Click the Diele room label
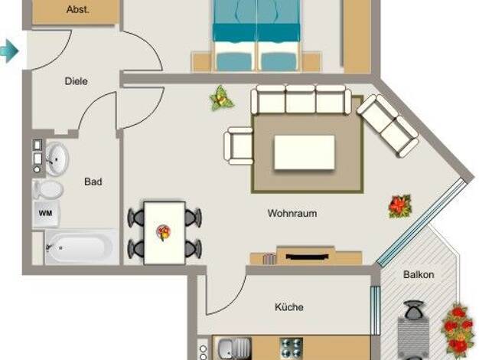[x=76, y=81]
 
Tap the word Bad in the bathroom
[x=93, y=182]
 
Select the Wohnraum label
[x=292, y=213]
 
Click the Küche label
[x=289, y=307]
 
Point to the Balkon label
[x=419, y=274]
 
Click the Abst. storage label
[x=78, y=9]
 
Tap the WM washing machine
[x=45, y=214]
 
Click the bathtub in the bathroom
[x=80, y=247]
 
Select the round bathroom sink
[x=57, y=159]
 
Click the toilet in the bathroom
[x=48, y=189]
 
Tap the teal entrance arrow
[x=9, y=51]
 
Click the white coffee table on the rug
[x=305, y=152]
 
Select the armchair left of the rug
[x=239, y=146]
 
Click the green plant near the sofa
[x=221, y=98]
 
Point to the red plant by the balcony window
[x=400, y=206]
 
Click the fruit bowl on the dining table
[x=164, y=232]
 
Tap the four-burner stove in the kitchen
[x=292, y=348]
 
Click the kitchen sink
[x=233, y=348]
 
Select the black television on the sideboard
[x=306, y=256]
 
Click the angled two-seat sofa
[x=388, y=126]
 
